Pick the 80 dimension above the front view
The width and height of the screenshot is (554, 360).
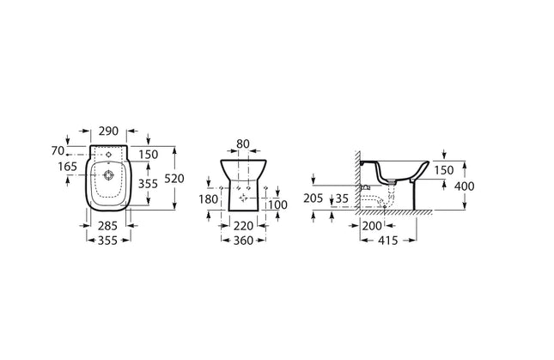pos(242,143)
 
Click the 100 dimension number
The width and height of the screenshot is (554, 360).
pos(277,204)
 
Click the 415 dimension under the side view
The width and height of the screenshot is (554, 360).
pos(388,242)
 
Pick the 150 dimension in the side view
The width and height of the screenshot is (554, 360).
pos(443,170)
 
